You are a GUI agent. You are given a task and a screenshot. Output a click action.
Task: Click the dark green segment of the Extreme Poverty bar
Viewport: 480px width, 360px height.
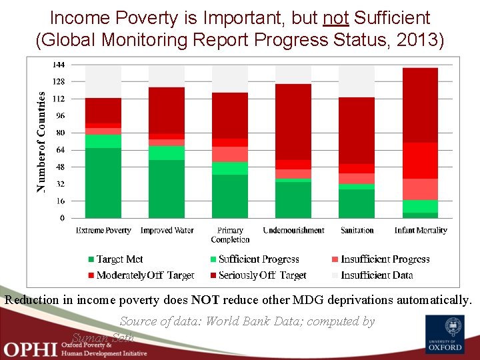pyautogui.click(x=103, y=183)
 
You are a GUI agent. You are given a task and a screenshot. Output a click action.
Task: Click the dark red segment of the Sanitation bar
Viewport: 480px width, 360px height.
pyautogui.click(x=357, y=130)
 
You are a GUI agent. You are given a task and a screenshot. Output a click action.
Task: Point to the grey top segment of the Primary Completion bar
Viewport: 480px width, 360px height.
pyautogui.click(x=230, y=79)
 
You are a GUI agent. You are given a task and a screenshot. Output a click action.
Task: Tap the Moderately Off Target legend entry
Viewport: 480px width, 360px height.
pyautogui.click(x=139, y=275)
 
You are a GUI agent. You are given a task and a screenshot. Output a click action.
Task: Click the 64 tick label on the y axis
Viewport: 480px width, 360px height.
pyautogui.click(x=60, y=150)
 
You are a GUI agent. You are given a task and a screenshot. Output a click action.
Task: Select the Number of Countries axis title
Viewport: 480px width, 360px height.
pyautogui.click(x=42, y=143)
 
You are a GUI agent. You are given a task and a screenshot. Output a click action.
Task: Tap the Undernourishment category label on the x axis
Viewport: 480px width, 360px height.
pyautogui.click(x=293, y=231)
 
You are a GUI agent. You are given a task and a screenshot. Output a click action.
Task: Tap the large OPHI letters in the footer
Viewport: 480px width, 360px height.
pyautogui.click(x=30, y=349)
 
